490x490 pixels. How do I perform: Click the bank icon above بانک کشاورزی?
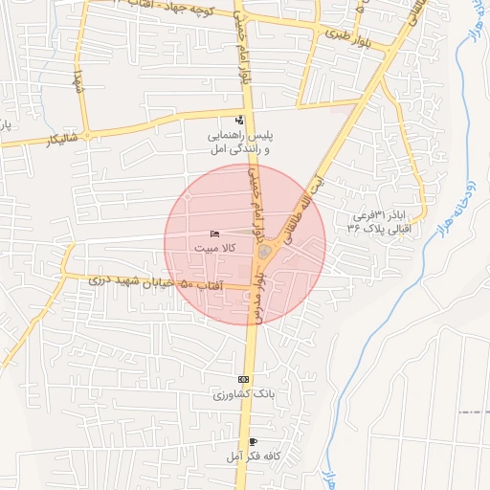click(242, 380)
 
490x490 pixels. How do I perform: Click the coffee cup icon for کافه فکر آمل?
click(252, 441)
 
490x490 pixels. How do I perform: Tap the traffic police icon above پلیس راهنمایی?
click(238, 121)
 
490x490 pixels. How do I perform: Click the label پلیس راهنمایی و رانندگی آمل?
click(238, 143)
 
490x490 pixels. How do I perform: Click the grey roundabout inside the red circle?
click(264, 252)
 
